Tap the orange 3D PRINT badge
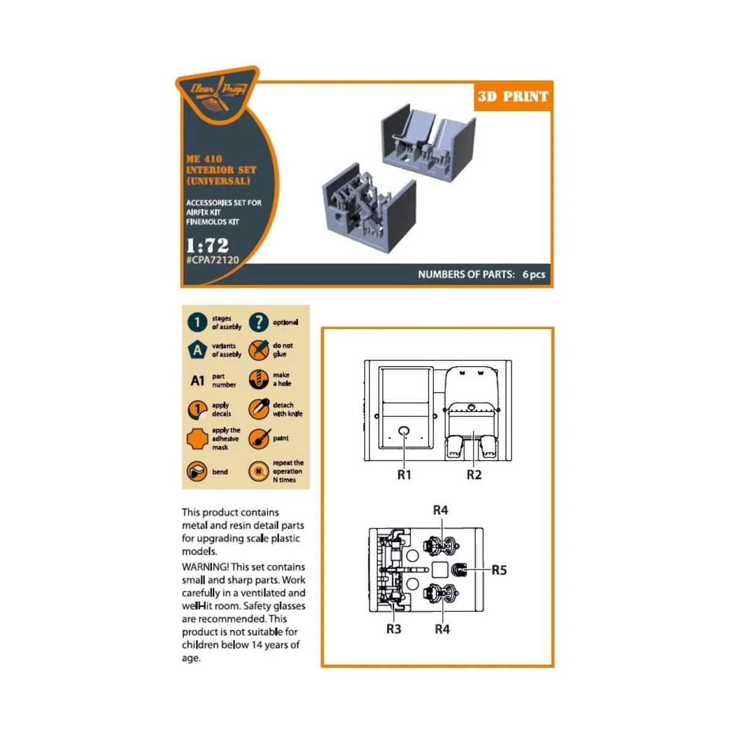coord(512,97)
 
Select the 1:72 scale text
coord(207,245)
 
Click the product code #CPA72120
coord(212,260)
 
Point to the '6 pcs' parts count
coord(533,274)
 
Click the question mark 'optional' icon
coord(258,322)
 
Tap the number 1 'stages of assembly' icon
coord(197,322)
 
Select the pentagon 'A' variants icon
coord(197,350)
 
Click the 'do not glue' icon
coord(258,349)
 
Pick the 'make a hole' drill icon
coord(258,379)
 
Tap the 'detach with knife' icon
coord(258,409)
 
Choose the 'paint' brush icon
coord(258,438)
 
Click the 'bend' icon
coord(197,472)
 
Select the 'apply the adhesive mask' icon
coord(197,439)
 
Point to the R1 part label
coord(404,475)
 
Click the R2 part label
coord(474,475)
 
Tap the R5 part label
coord(499,570)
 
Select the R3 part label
coord(394,629)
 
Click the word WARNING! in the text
coord(205,567)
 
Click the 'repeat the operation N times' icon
coord(258,472)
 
